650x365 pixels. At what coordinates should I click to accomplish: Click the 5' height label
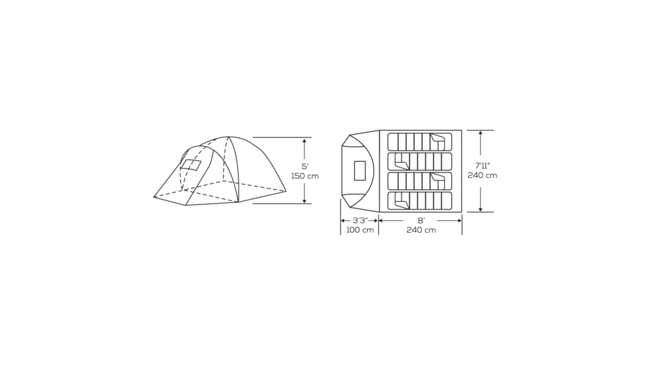(305, 166)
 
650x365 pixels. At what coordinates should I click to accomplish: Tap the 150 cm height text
(305, 176)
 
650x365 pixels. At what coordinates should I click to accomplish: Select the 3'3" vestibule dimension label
(360, 220)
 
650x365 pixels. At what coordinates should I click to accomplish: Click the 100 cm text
(360, 230)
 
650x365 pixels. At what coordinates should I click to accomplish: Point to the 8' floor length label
(421, 220)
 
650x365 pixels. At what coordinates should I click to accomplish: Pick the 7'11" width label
(482, 165)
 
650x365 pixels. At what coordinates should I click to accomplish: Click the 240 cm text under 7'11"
(482, 175)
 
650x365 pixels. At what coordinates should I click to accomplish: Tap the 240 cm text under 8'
(421, 230)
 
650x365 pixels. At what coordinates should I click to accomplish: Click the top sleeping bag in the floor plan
(419, 142)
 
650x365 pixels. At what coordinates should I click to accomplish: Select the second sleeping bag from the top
(419, 161)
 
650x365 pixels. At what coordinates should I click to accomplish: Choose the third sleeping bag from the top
(419, 181)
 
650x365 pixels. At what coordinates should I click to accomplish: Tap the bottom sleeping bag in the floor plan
(419, 200)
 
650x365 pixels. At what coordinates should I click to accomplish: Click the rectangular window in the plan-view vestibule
(360, 171)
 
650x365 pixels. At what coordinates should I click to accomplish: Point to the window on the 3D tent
(191, 165)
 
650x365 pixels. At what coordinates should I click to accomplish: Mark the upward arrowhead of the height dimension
(305, 141)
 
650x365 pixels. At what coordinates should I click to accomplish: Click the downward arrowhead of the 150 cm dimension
(305, 200)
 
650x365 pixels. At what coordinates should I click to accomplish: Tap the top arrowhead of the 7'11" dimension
(480, 133)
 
